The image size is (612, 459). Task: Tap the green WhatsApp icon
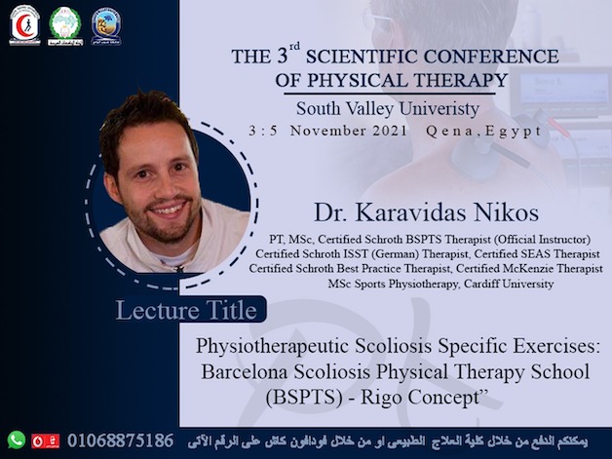17,440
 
